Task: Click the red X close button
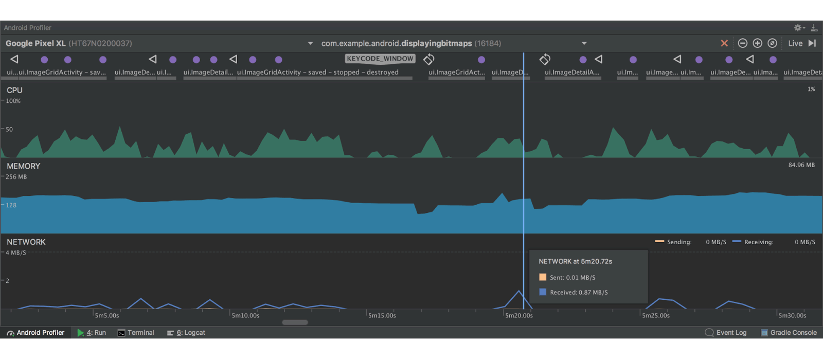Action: coord(724,43)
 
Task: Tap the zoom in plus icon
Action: coord(757,43)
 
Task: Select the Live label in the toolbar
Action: coord(795,43)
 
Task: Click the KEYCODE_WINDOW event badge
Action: coord(380,59)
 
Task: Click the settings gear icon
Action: coord(798,28)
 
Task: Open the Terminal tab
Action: coord(136,332)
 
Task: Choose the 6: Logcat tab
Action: coord(186,332)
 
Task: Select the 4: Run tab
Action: coord(92,332)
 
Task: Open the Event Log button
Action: coord(726,332)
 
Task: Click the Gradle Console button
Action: coord(789,332)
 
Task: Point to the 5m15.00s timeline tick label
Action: coord(382,316)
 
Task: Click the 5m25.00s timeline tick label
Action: coord(656,316)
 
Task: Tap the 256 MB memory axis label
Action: coord(16,177)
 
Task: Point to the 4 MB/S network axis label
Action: coord(16,253)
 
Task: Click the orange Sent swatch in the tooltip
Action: coord(543,277)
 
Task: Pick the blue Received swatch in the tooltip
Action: coord(543,292)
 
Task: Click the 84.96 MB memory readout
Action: coord(801,165)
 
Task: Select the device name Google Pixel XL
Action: coord(35,43)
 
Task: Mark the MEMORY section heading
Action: coord(24,166)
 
